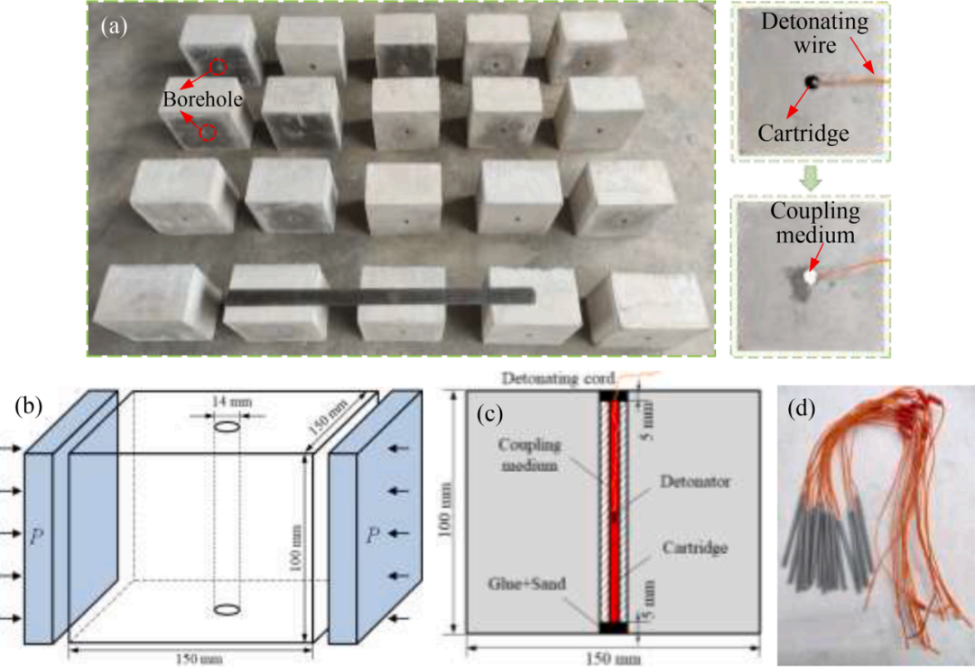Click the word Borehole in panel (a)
click(x=202, y=99)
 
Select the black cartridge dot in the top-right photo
click(x=812, y=81)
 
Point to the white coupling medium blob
click(x=810, y=278)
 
